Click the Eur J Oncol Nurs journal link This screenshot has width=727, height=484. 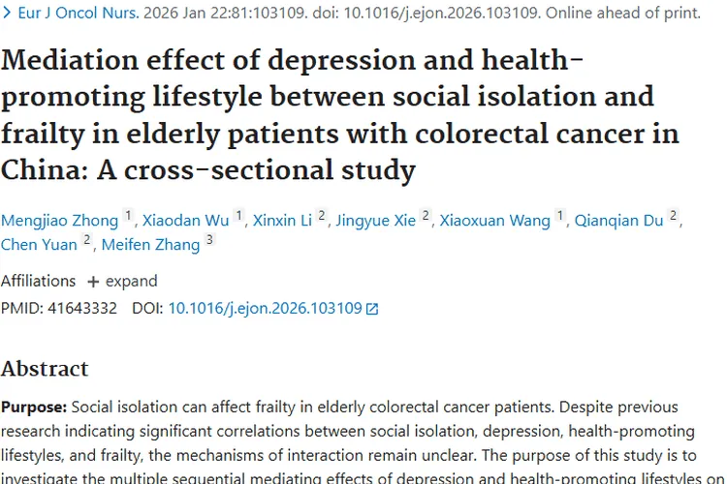(73, 14)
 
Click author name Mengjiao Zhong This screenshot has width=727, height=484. (60, 221)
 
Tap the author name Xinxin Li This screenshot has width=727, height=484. (282, 221)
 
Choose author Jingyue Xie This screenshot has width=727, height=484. (377, 221)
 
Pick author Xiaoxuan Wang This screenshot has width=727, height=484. (494, 221)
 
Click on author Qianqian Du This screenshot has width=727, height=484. (618, 221)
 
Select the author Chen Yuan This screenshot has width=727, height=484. (39, 244)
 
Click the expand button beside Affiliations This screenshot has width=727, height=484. (122, 282)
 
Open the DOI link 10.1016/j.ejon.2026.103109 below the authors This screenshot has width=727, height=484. (265, 309)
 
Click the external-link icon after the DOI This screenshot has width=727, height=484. (372, 310)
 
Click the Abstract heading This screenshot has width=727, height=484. (45, 369)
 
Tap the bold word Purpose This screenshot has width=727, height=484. (33, 407)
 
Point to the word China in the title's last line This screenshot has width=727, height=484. (35, 171)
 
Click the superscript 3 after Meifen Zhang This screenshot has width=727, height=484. (208, 241)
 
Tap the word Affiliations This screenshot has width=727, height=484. (38, 282)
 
